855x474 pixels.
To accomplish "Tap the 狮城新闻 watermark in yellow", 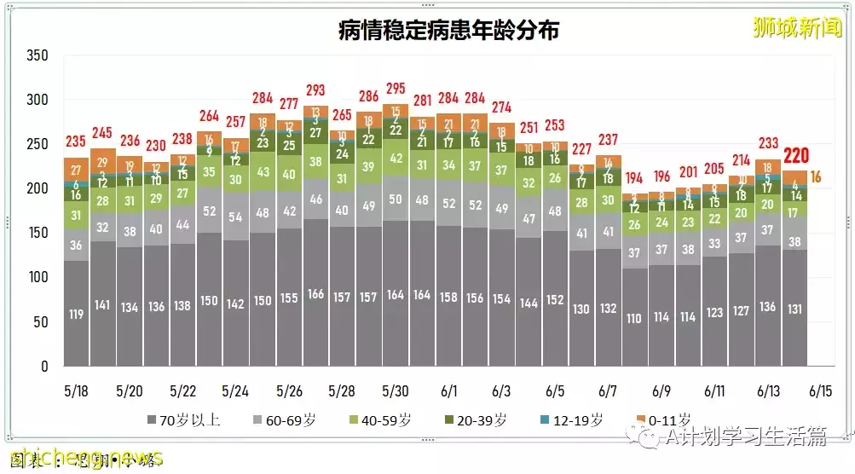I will click(796, 27).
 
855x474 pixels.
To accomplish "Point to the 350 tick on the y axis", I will click(37, 56).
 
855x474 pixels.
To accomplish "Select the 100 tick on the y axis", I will click(37, 278).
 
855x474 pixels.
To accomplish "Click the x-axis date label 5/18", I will click(76, 391).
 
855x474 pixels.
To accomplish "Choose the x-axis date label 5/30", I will click(395, 391).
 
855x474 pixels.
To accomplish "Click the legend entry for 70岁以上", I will click(184, 420).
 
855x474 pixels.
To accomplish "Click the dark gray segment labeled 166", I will click(315, 294).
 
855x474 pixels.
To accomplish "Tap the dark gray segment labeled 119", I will click(76, 314).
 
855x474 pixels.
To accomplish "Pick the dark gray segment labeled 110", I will click(634, 318).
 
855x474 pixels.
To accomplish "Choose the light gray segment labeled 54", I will click(235, 217).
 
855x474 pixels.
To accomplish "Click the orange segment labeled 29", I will click(102, 163).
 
